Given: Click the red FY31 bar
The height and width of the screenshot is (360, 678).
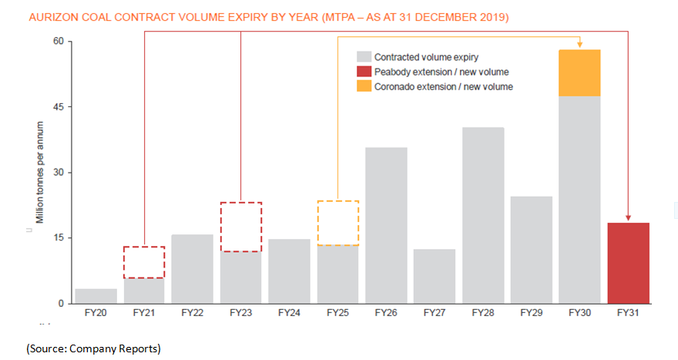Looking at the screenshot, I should click(628, 263).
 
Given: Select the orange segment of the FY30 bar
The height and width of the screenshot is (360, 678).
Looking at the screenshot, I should click(580, 72).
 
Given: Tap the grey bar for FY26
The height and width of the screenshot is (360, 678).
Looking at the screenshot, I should click(386, 225).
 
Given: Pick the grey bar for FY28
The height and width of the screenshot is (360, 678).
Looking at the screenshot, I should click(483, 215).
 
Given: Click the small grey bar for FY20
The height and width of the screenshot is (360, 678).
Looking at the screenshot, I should click(96, 296).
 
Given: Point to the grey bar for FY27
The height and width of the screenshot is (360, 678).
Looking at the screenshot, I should click(435, 276).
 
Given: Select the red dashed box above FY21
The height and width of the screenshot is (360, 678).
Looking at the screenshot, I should click(144, 262).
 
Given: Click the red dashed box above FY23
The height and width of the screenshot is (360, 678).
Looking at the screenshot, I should click(241, 227).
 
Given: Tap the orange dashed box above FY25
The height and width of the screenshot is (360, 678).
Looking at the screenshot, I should click(337, 223).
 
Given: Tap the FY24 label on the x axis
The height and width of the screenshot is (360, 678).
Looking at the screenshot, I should click(289, 314).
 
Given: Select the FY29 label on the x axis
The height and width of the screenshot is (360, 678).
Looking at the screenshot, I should click(532, 314).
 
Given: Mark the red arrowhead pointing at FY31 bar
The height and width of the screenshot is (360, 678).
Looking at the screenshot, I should click(628, 218).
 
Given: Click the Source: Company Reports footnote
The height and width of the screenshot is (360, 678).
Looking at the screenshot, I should click(93, 349).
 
